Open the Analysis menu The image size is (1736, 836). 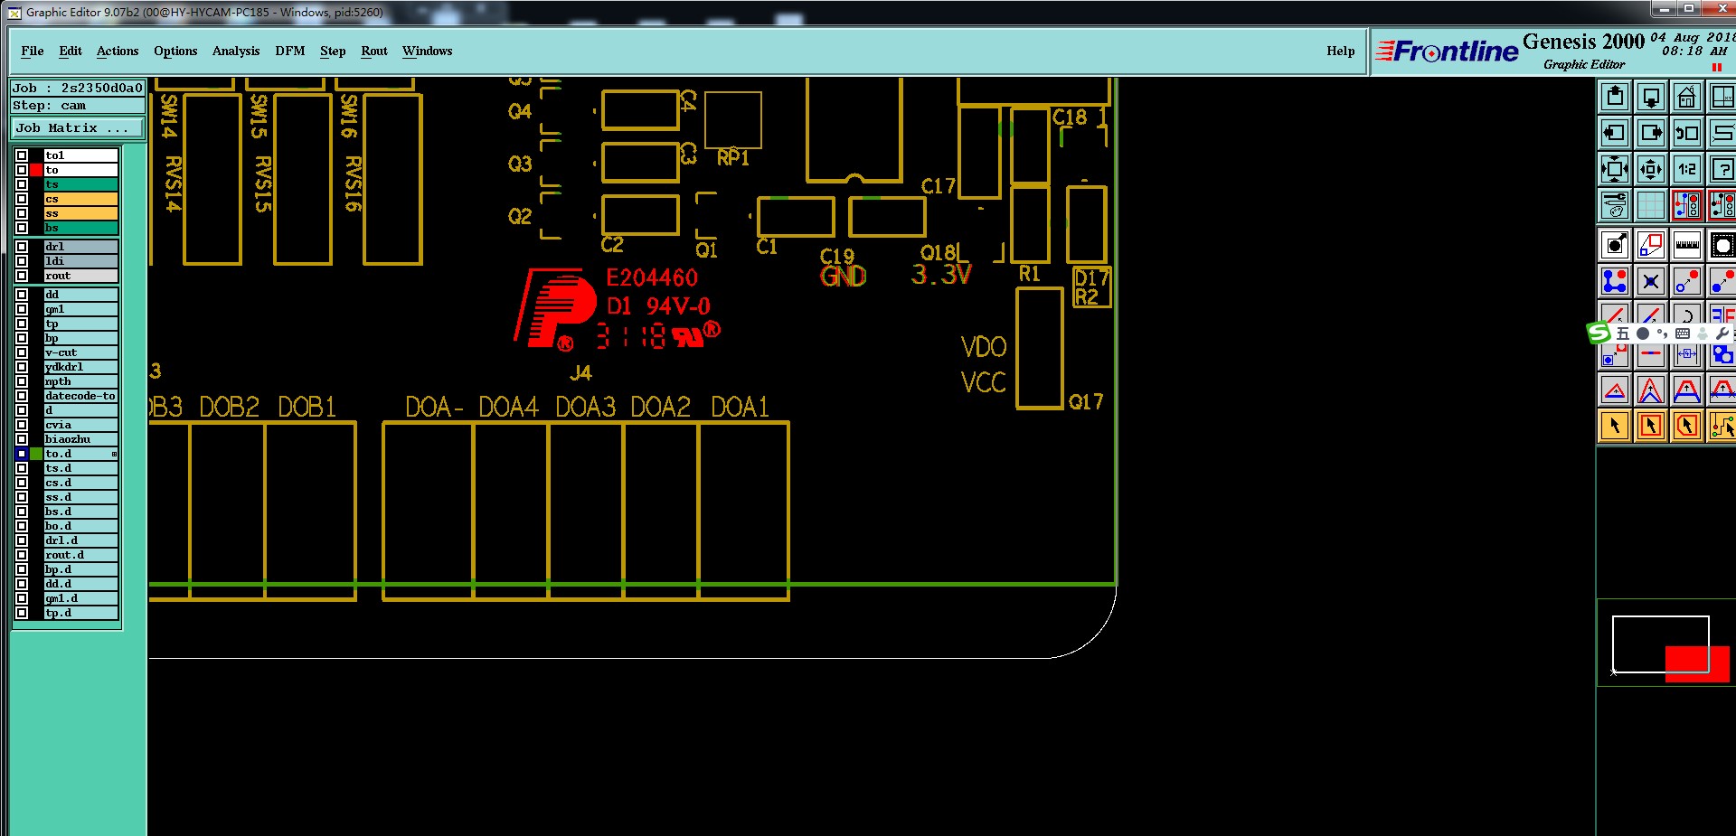coord(235,51)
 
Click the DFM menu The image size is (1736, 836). coord(289,51)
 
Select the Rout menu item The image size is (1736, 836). coord(373,51)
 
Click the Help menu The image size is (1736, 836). coord(1340,51)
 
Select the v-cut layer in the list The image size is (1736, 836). coord(80,352)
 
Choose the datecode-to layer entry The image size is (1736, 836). coord(80,396)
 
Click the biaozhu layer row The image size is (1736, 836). coord(80,439)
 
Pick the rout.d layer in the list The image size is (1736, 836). coord(80,555)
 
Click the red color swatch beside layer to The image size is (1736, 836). coord(36,170)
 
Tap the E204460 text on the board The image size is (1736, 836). coord(652,277)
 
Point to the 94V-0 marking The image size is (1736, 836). coord(678,306)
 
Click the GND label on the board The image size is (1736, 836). coord(843,276)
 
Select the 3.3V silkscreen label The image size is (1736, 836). coord(941,274)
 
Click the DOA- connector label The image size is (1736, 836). coord(434,408)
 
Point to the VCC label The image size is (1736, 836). coord(983,383)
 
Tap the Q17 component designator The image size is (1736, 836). coord(1085,402)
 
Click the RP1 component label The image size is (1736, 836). coord(733,158)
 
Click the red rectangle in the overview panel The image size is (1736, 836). coord(1696,663)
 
